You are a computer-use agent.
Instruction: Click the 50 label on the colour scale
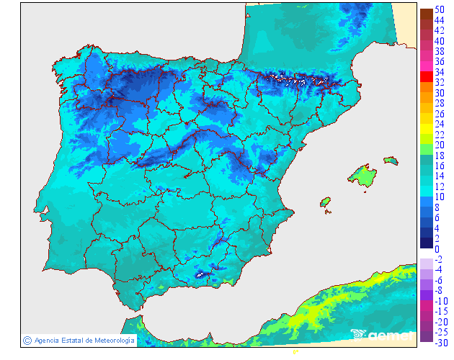click(x=439, y=9)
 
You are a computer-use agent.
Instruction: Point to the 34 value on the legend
click(x=439, y=72)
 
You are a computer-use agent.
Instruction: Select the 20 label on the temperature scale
click(x=439, y=145)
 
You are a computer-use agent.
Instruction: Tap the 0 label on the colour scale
click(x=437, y=249)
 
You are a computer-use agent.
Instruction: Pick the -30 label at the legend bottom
click(x=440, y=343)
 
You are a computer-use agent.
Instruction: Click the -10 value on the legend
click(x=440, y=301)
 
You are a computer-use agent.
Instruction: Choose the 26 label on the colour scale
click(x=439, y=114)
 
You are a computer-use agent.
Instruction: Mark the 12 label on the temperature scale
click(x=439, y=186)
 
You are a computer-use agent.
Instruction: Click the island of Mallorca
click(x=364, y=174)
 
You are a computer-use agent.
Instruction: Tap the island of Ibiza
click(x=326, y=202)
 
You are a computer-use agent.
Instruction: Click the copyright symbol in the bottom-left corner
click(x=27, y=340)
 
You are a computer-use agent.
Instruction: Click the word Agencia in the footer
click(x=48, y=340)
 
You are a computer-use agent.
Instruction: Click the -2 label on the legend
click(x=439, y=259)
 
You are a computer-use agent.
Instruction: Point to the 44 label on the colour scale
click(x=439, y=20)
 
